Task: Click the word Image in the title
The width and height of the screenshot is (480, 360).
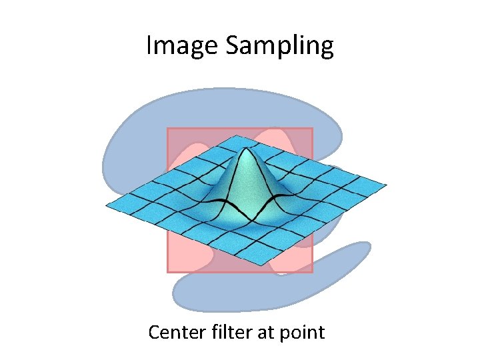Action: [182, 47]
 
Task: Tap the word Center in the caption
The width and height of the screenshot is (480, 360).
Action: [175, 331]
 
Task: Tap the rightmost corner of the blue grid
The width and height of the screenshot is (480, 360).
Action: [386, 184]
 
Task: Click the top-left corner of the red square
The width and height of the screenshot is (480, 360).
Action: [167, 129]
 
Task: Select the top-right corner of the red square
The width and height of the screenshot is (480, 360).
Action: [312, 129]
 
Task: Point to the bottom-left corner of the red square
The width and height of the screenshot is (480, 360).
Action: [167, 272]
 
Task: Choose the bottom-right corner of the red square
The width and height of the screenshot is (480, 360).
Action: [312, 272]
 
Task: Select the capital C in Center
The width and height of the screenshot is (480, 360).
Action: [155, 331]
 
